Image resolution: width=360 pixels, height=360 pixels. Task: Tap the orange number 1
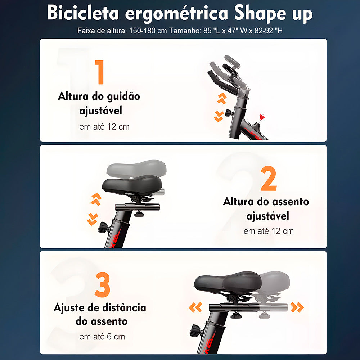(x=99, y=72)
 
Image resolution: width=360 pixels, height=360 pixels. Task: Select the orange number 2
(x=269, y=179)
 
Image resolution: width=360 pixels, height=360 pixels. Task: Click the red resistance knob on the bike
(x=262, y=117)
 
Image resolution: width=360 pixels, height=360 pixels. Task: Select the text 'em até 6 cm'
(x=102, y=337)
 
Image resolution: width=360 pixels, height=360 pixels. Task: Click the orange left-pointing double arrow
(x=195, y=307)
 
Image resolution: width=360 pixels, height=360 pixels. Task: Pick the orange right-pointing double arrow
(x=297, y=307)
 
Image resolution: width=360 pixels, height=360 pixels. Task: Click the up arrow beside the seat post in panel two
(x=96, y=199)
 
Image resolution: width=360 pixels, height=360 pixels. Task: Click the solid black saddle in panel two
(x=131, y=184)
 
